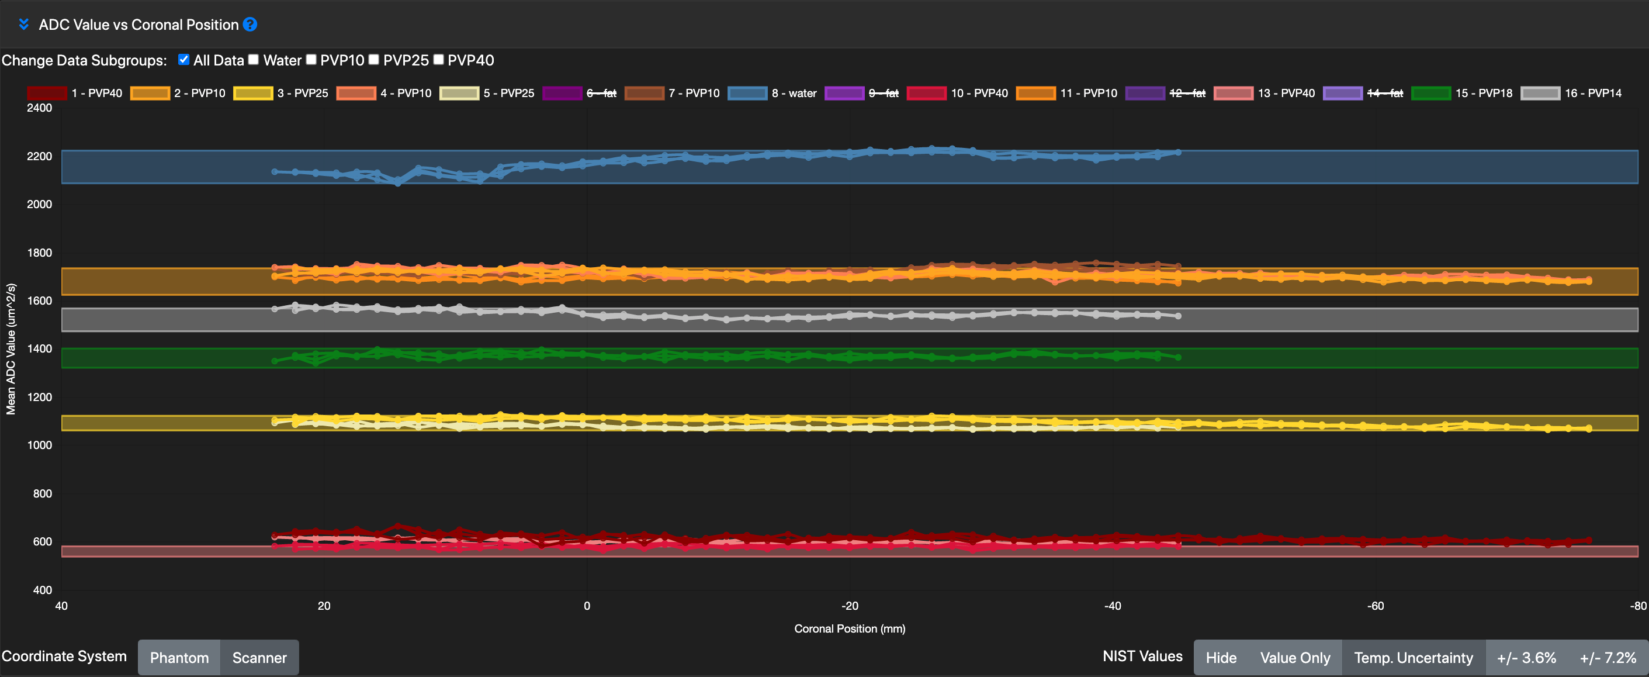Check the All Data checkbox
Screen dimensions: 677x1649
[183, 60]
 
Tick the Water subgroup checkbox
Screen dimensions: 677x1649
[254, 60]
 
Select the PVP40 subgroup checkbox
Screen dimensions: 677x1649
[438, 60]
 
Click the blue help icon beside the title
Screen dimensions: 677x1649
[250, 25]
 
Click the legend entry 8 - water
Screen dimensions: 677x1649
[772, 94]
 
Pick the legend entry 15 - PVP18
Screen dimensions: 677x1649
[1462, 94]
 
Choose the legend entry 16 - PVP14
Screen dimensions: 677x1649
[1571, 94]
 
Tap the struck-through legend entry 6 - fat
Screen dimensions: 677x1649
[579, 94]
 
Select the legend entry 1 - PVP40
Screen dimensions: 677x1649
[75, 94]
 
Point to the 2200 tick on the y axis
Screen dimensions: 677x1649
[39, 156]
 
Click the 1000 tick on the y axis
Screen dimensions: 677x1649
[39, 445]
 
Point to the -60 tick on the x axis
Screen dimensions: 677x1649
[1375, 606]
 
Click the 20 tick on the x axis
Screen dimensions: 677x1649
[324, 606]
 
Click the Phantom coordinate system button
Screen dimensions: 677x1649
[179, 658]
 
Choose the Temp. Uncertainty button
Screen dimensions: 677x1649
[1414, 658]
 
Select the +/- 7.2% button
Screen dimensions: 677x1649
[1608, 658]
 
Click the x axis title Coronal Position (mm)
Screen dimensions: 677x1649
[850, 629]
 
